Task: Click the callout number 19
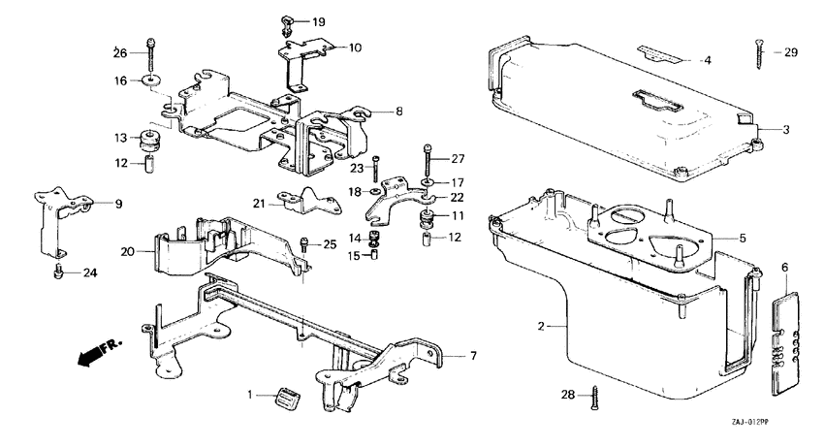[319, 21]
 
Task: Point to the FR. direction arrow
[93, 354]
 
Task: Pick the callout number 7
[472, 356]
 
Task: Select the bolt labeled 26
[151, 46]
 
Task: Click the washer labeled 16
[152, 79]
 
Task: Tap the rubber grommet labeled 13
[151, 137]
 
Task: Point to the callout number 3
[786, 128]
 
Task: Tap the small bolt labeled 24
[60, 271]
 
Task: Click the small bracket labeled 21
[298, 199]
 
